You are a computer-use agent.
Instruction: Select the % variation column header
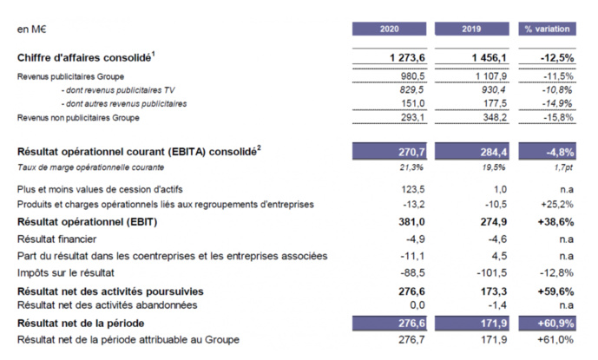pyautogui.click(x=546, y=29)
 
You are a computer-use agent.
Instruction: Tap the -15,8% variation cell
pyautogui.click(x=556, y=116)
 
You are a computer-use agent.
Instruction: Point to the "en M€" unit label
pyautogui.click(x=31, y=29)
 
